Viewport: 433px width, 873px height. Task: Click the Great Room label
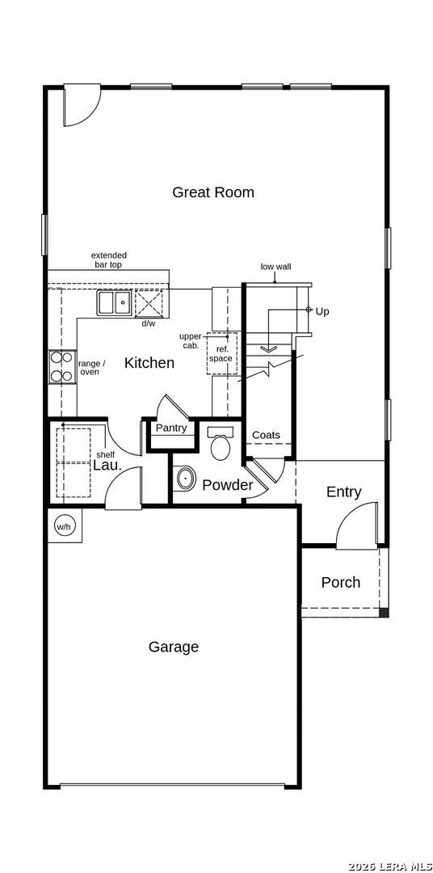[x=213, y=192]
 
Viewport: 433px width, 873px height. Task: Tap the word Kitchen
[x=149, y=363]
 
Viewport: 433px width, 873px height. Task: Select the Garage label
[x=174, y=647]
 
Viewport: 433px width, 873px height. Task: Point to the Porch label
[x=341, y=582]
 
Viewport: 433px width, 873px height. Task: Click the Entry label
[x=343, y=492]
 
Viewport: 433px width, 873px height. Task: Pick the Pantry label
[x=171, y=428]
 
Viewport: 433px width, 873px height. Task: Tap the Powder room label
[x=228, y=485]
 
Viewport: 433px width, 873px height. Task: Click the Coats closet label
[x=266, y=435]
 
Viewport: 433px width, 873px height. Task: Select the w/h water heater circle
[x=65, y=525]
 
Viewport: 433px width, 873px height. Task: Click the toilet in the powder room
[x=221, y=443]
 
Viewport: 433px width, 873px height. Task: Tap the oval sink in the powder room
[x=185, y=479]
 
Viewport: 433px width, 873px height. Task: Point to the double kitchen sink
[x=114, y=303]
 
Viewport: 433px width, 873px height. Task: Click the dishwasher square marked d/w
[x=148, y=303]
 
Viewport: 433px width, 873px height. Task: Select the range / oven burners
[x=61, y=366]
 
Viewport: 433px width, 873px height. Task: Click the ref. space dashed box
[x=222, y=353]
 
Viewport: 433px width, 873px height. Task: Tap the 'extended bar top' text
[x=109, y=260]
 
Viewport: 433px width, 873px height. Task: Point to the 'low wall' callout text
[x=275, y=267]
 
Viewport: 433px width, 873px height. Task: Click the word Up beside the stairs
[x=322, y=312]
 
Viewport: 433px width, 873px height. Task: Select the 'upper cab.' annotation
[x=190, y=341]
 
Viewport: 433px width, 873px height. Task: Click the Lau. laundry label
[x=107, y=466]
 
